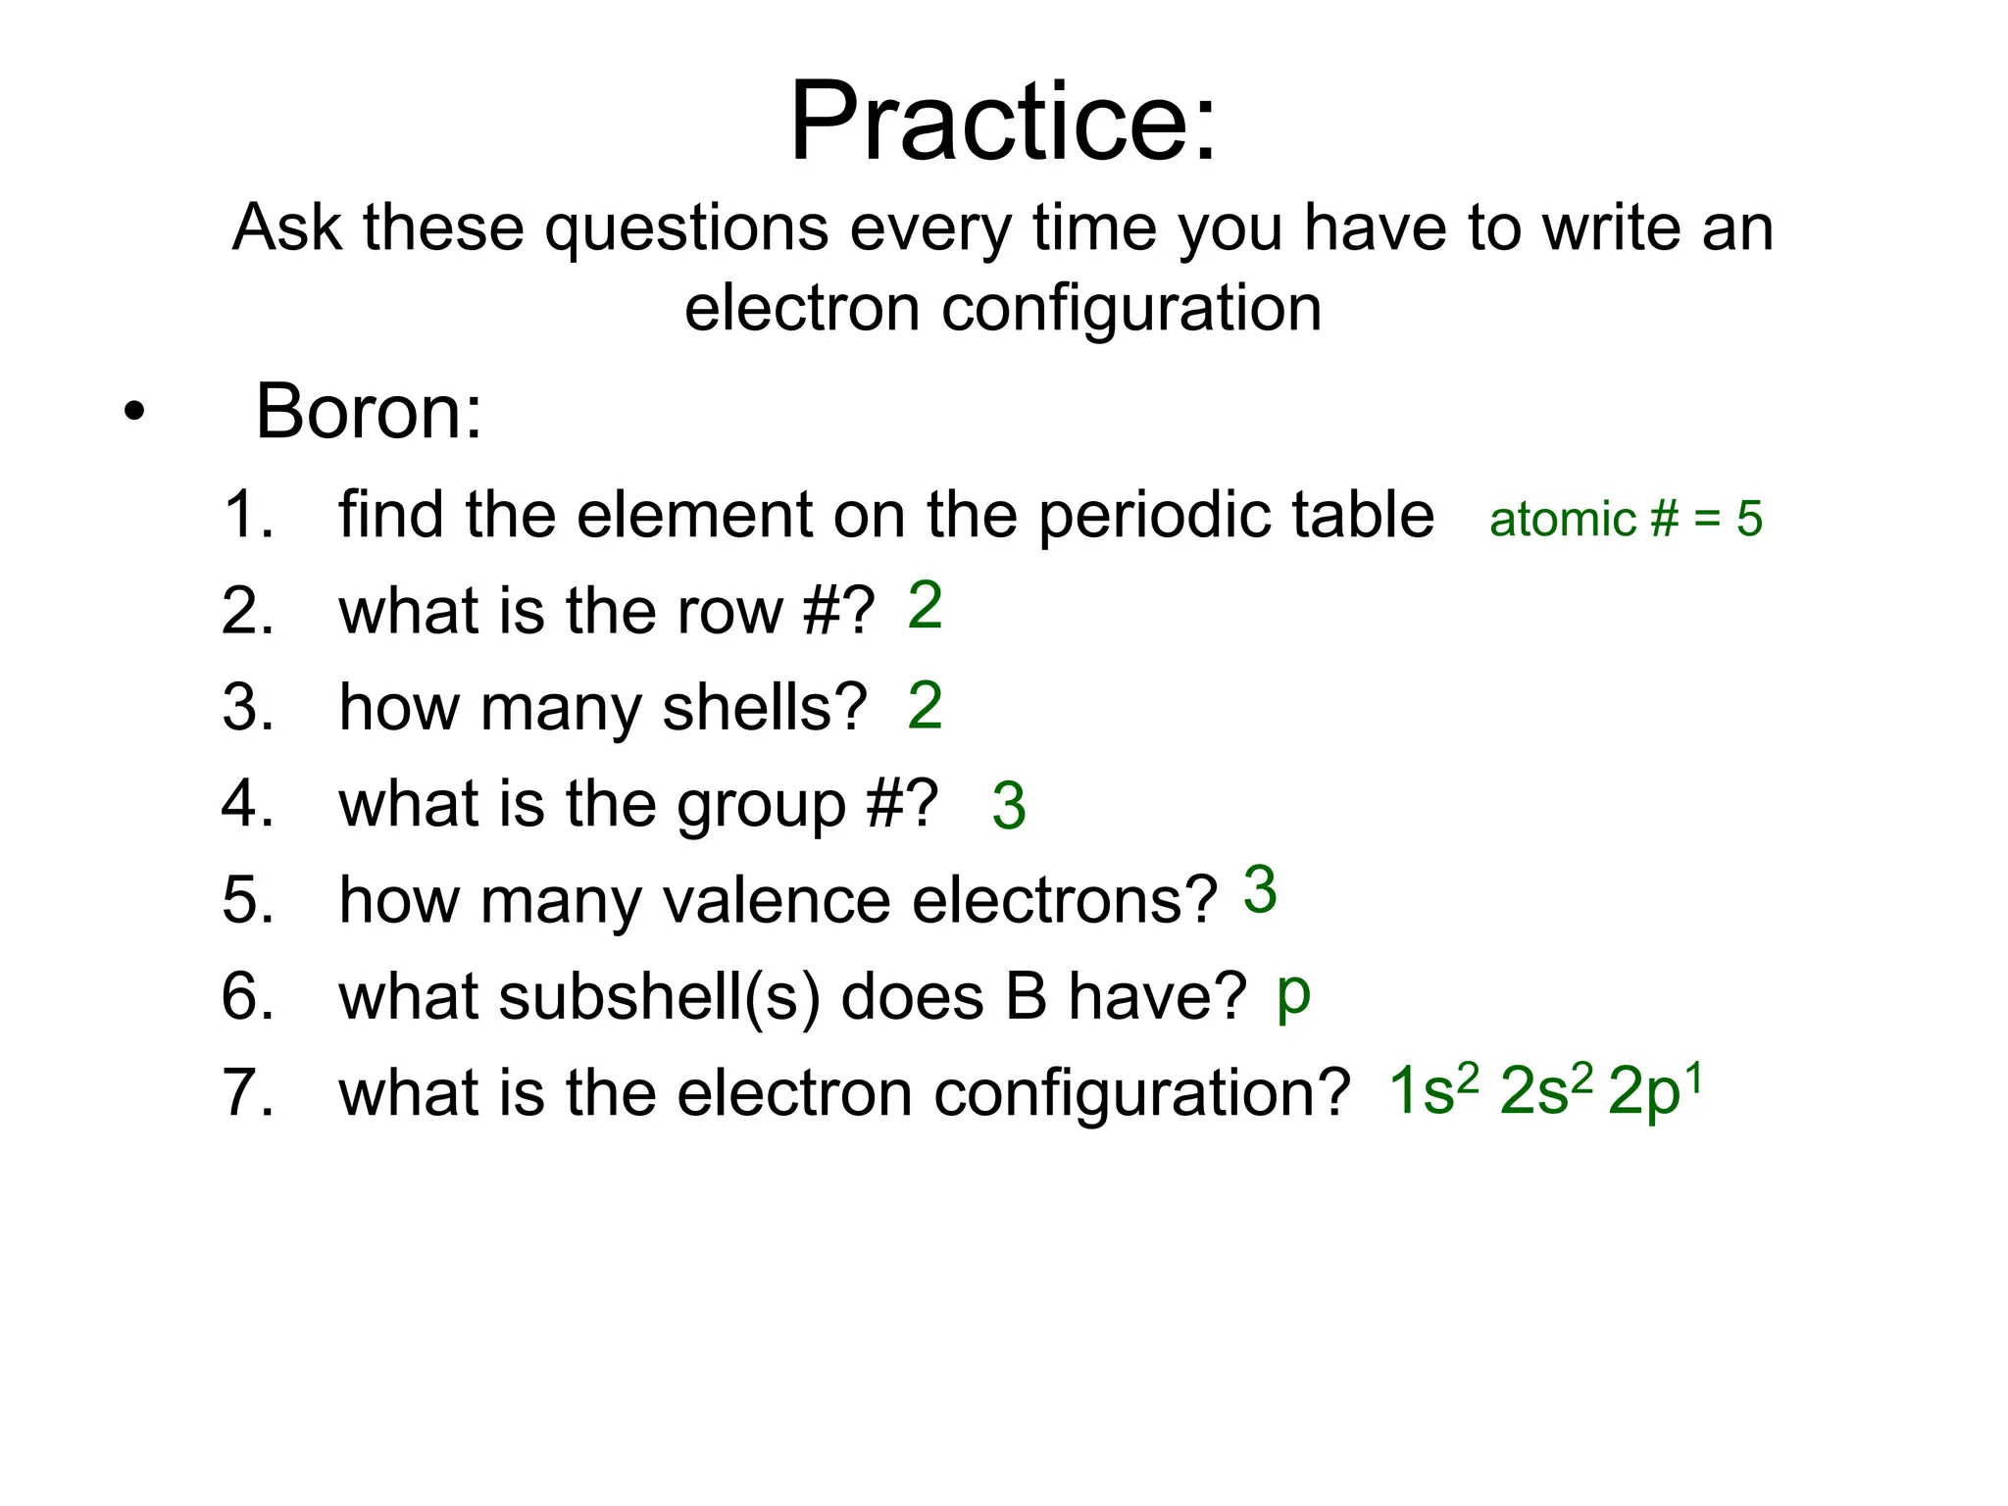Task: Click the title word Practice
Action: [x=1002, y=122]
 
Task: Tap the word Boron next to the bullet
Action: [x=369, y=412]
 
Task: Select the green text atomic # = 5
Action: [x=1626, y=519]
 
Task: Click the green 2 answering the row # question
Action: [x=925, y=606]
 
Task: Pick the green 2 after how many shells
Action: [x=925, y=705]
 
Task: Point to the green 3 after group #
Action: [x=1009, y=806]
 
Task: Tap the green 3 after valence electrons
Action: [x=1260, y=890]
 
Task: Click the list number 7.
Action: [x=247, y=1092]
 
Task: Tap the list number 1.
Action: [x=247, y=514]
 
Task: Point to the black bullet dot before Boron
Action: [x=134, y=413]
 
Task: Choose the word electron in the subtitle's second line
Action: [x=802, y=308]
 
